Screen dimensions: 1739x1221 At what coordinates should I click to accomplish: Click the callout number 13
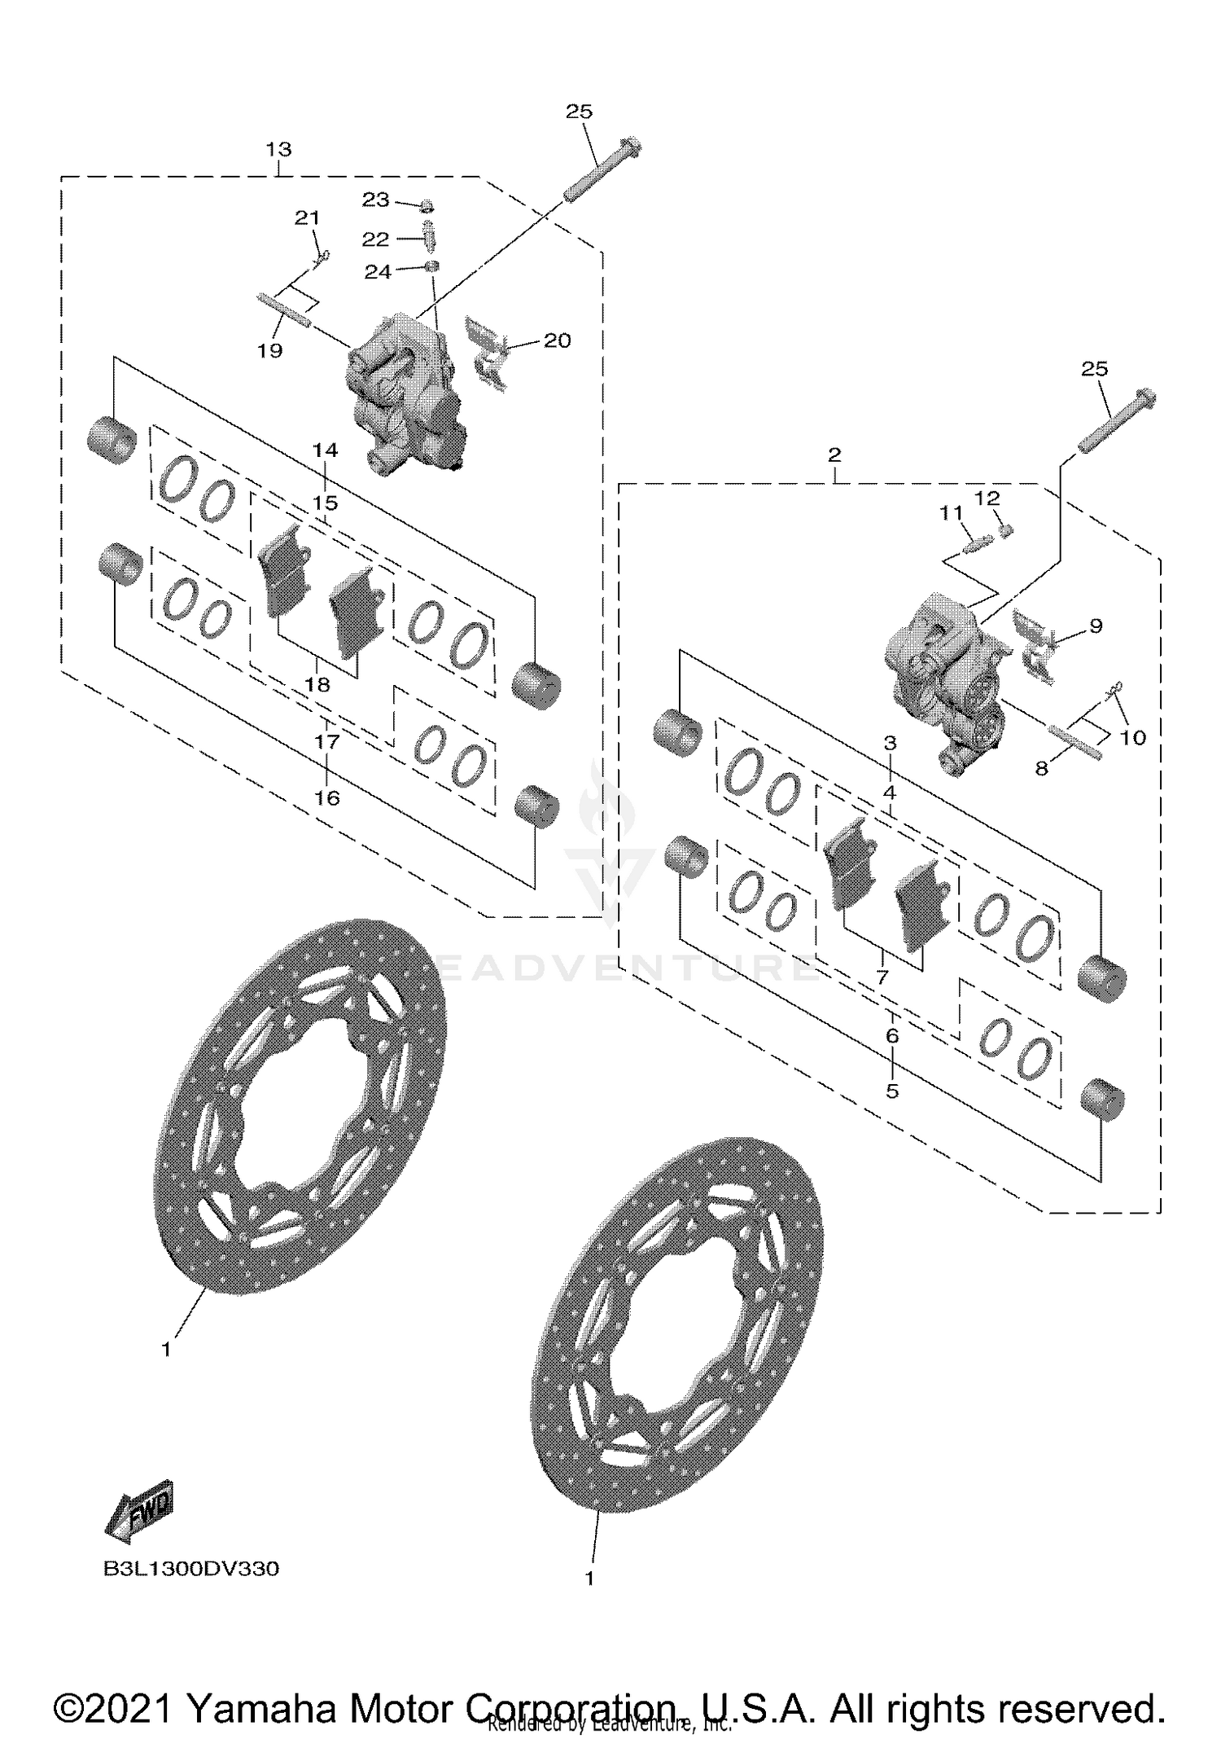pos(278,150)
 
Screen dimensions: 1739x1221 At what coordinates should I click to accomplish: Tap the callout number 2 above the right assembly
pos(834,455)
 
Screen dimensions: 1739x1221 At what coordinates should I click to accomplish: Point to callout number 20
pos(557,340)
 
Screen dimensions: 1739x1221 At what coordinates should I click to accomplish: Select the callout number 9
pos(1096,626)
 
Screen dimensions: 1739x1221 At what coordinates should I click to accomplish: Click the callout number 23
pos(376,200)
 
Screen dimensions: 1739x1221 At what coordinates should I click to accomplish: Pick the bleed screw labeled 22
pos(429,239)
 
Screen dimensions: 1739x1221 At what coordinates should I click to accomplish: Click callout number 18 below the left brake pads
pos(317,684)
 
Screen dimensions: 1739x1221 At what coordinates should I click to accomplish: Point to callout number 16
pos(327,797)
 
